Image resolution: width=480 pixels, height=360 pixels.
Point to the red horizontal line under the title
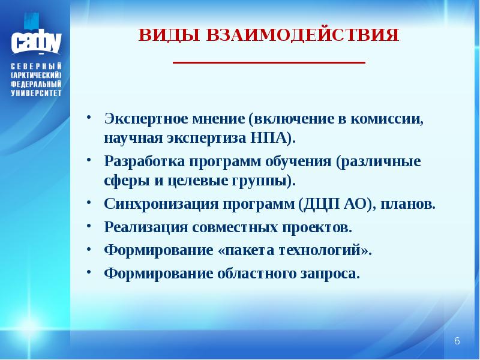[x=269, y=62]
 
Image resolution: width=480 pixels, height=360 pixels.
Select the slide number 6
[x=457, y=341]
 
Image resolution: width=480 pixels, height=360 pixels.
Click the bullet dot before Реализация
[x=88, y=226]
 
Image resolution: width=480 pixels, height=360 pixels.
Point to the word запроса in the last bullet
[x=329, y=274]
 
